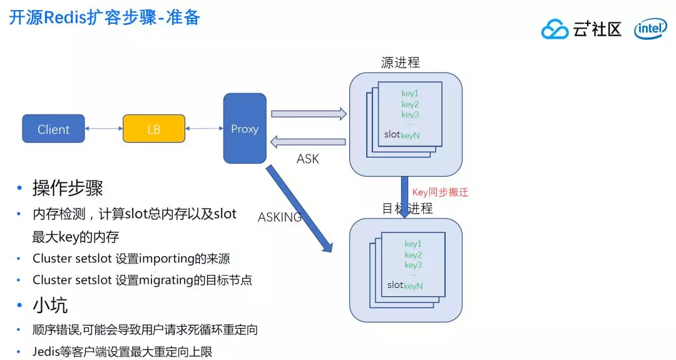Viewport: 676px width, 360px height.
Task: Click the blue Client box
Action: tap(53, 129)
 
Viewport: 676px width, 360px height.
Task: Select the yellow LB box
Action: tap(153, 129)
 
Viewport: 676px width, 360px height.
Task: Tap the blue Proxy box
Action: tap(245, 128)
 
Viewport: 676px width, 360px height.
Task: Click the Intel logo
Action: tap(650, 29)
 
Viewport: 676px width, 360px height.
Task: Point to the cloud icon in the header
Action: tap(555, 29)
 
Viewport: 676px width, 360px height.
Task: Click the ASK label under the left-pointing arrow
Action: tap(308, 159)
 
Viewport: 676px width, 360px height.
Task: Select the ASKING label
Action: tap(280, 217)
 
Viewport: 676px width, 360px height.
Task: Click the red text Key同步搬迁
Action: tap(440, 192)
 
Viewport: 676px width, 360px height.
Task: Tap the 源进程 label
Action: tap(401, 63)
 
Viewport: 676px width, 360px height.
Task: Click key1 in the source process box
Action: tap(410, 93)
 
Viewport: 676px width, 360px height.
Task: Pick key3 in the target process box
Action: tap(413, 265)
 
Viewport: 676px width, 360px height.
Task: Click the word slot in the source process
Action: tap(392, 134)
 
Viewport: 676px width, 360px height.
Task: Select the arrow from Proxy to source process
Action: tap(309, 114)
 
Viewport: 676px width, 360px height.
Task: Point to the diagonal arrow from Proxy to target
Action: tap(299, 208)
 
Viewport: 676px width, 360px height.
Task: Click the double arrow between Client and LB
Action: tap(103, 129)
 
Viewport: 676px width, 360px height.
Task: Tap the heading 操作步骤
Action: tap(68, 188)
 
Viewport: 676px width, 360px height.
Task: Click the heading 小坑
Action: tap(50, 305)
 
